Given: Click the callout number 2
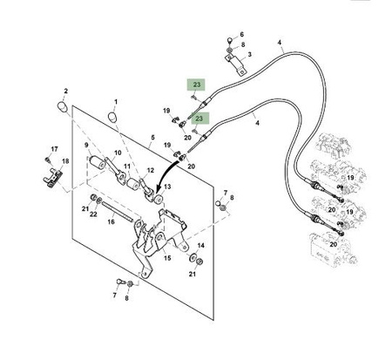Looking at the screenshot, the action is pyautogui.click(x=65, y=91).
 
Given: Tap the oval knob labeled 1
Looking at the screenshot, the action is pyautogui.click(x=112, y=117).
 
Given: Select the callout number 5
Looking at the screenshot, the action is pyautogui.click(x=153, y=138).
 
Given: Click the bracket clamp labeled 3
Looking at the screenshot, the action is pyautogui.click(x=235, y=65).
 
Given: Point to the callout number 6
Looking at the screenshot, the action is pyautogui.click(x=241, y=35).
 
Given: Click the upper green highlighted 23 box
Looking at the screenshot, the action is pyautogui.click(x=197, y=85).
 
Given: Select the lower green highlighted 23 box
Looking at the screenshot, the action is pyautogui.click(x=199, y=119).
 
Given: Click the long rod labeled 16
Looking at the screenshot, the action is pyautogui.click(x=118, y=212).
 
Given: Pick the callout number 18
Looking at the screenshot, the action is pyautogui.click(x=65, y=161).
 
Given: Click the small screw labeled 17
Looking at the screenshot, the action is pyautogui.click(x=47, y=160).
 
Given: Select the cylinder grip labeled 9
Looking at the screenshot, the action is pyautogui.click(x=98, y=162).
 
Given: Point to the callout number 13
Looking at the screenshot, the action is pyautogui.click(x=167, y=187).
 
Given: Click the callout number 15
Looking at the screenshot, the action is pyautogui.click(x=167, y=258).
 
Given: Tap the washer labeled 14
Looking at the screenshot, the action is pyautogui.click(x=192, y=257).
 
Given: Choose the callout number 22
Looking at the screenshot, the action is pyautogui.click(x=93, y=214).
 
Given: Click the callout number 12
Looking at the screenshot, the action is pyautogui.click(x=150, y=171).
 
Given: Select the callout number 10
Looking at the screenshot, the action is pyautogui.click(x=118, y=153).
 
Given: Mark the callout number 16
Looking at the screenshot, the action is pyautogui.click(x=112, y=222).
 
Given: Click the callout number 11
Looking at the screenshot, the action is pyautogui.click(x=127, y=166).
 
